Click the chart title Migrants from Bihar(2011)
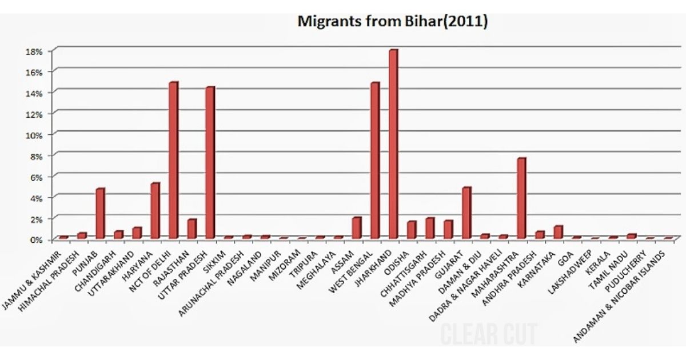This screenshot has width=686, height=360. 392,22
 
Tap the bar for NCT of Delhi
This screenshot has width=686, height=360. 173,160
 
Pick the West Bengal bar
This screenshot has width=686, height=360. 374,161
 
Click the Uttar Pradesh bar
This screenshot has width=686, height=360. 210,163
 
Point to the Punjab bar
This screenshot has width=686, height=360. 100,213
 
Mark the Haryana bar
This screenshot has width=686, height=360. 155,210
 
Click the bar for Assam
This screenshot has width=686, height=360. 356,227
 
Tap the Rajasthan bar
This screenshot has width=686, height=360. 192,229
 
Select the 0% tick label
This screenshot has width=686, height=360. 36,239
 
